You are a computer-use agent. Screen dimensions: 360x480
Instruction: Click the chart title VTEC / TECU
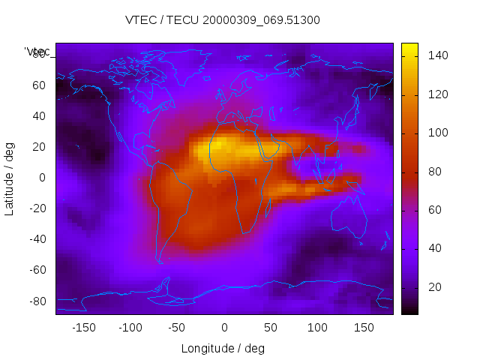222,20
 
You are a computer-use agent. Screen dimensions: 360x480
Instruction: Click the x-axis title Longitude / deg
223,348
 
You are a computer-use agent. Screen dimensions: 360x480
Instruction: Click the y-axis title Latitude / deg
10,177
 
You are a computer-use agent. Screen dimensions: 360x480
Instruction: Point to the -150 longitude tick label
83,327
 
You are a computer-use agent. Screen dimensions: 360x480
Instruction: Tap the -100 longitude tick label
130,327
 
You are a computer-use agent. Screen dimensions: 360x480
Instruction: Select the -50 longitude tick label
177,327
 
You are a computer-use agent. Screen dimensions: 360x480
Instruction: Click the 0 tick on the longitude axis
223,327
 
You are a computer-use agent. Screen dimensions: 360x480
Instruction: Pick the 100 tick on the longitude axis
317,327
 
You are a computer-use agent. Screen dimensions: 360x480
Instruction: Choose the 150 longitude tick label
364,327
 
